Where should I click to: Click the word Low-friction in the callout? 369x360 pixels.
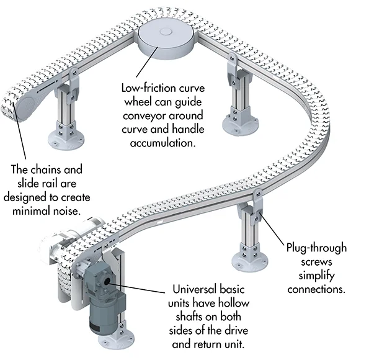(148, 88)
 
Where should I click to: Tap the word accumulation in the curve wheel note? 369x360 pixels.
(163, 143)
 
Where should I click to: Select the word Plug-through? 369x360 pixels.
(316, 248)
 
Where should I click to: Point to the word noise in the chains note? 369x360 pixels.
(68, 210)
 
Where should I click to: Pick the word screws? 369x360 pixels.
(316, 262)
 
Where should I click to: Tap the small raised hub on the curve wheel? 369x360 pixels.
(166, 32)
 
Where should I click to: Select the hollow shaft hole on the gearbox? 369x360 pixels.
(107, 281)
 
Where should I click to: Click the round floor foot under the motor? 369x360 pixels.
(116, 340)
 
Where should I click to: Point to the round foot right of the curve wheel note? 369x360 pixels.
(240, 124)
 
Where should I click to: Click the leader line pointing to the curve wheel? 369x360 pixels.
(147, 61)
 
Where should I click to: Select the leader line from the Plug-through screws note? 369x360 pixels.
(272, 229)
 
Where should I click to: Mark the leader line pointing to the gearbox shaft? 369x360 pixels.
(138, 288)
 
